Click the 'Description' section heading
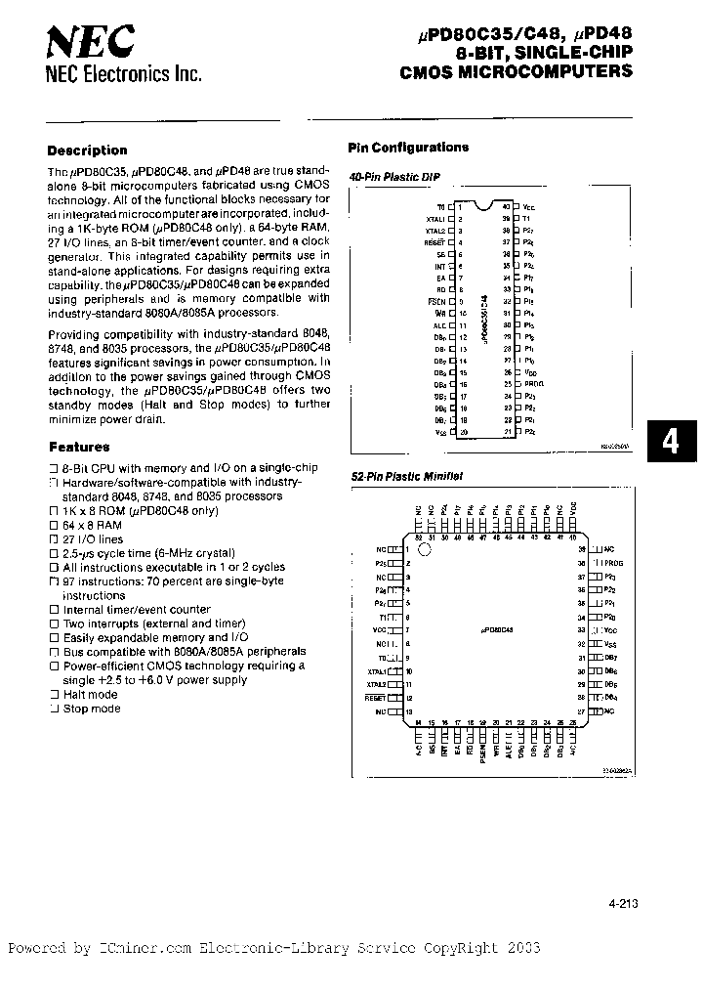point(87,150)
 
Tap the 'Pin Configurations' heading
point(408,148)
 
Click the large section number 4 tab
point(670,441)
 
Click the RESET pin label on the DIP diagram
point(435,239)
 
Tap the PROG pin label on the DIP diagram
point(531,384)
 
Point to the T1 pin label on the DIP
point(528,219)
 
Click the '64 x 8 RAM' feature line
point(93,525)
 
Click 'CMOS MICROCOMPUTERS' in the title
point(517,71)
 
